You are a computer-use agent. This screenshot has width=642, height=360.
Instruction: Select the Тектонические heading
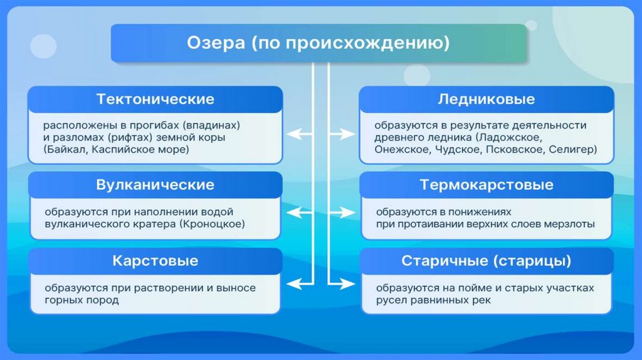[155, 99]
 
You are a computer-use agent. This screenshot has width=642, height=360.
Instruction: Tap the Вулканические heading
[155, 185]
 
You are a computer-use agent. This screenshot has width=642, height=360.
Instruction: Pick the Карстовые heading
[155, 261]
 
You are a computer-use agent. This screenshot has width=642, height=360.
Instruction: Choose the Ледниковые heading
[487, 99]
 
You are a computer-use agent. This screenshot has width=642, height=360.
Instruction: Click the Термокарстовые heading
[487, 185]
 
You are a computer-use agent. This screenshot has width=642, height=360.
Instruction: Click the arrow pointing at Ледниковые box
[342, 134]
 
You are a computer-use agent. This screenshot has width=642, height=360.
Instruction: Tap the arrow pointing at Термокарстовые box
[342, 213]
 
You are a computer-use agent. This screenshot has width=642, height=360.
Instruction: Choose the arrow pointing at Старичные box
[342, 283]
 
